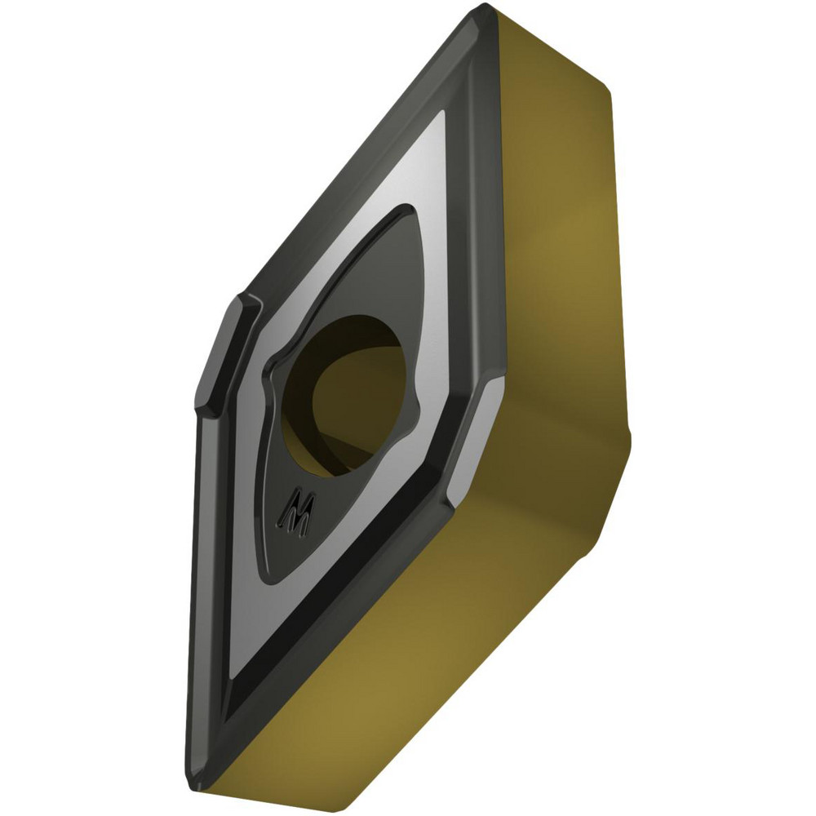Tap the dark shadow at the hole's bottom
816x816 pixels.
pyautogui.click(x=351, y=457)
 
